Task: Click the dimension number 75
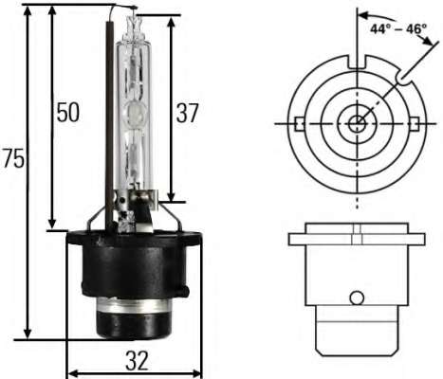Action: (x=13, y=159)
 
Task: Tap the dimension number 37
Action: (x=188, y=113)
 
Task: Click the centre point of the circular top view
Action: (x=357, y=123)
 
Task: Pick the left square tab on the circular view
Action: (x=298, y=123)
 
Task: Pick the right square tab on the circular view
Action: (x=415, y=123)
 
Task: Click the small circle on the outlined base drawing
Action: (x=357, y=298)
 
